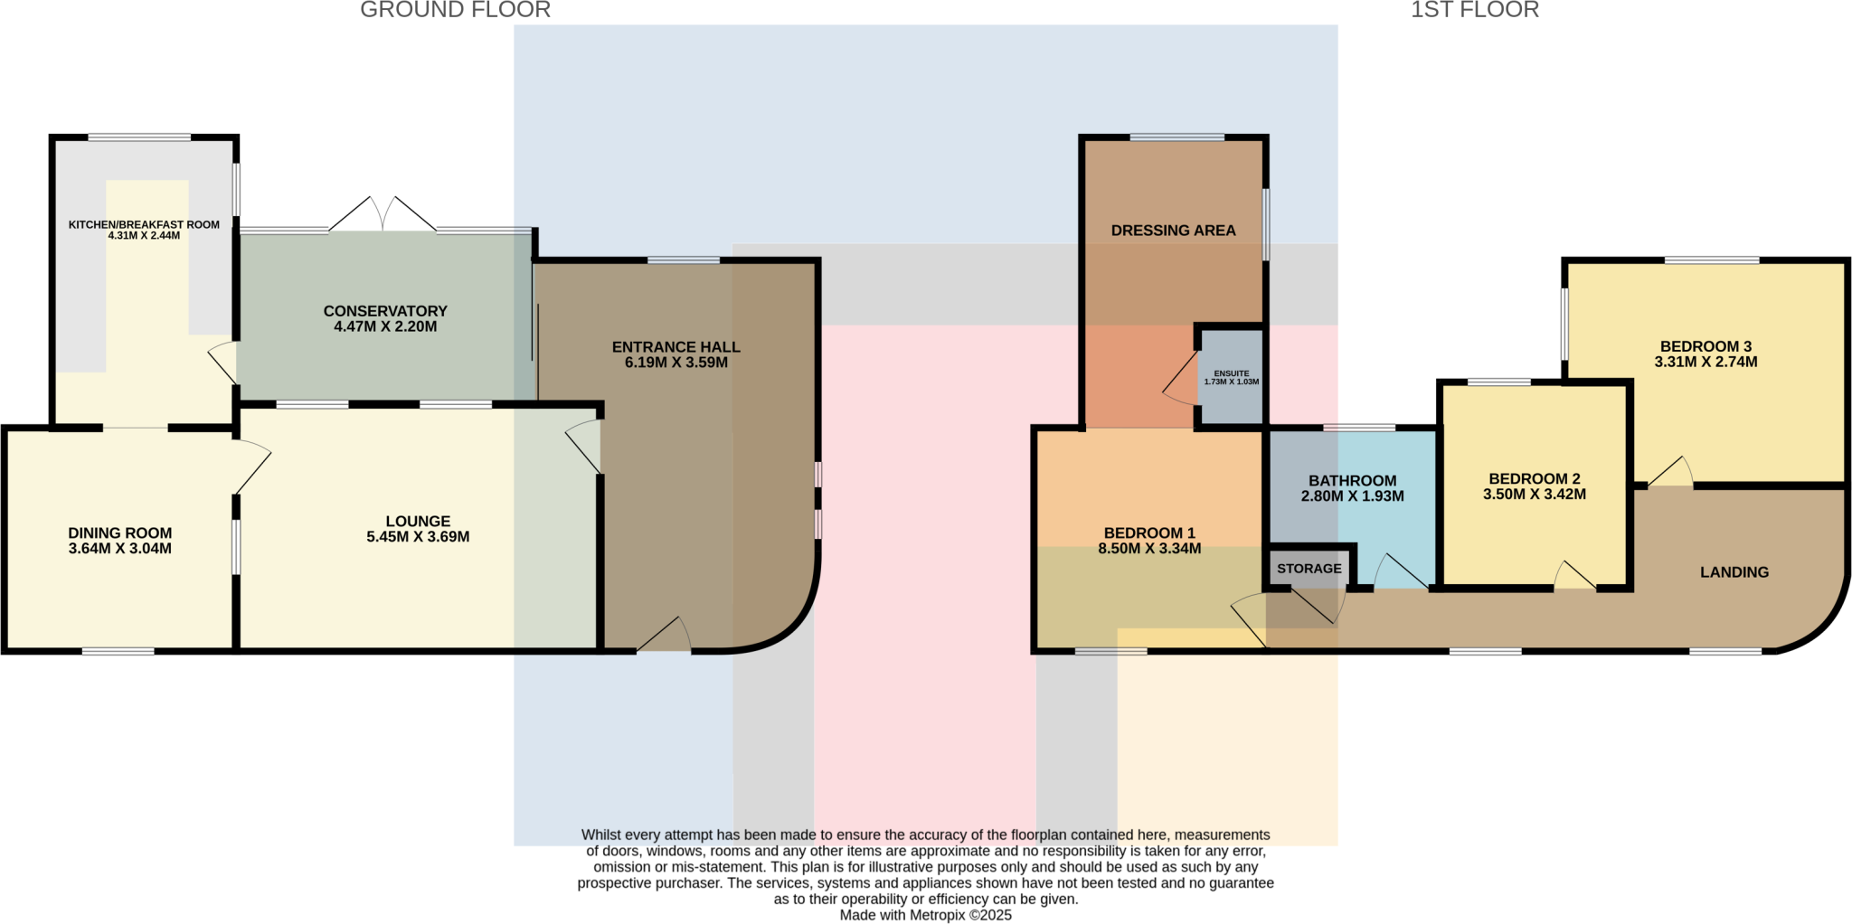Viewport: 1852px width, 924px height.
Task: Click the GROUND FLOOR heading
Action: (455, 10)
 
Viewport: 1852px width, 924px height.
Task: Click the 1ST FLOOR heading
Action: (1474, 10)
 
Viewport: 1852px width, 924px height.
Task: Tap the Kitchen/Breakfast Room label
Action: (144, 224)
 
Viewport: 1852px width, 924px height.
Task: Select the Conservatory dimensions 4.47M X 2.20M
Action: (385, 326)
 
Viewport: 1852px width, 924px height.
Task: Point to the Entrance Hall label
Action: (676, 346)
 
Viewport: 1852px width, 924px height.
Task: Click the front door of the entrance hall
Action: (665, 636)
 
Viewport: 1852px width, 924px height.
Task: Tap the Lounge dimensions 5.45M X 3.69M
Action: (417, 537)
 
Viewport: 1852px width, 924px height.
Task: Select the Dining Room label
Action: (119, 533)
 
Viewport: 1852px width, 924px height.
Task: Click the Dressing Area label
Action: (1173, 231)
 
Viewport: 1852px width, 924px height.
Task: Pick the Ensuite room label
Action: (1231, 373)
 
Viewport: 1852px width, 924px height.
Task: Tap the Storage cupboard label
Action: (1309, 569)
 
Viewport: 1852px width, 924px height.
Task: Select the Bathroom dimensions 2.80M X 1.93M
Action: (1352, 496)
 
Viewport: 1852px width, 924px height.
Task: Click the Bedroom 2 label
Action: (1534, 478)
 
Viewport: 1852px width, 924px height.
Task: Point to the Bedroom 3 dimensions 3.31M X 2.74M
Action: (1706, 362)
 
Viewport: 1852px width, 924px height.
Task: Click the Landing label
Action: (1734, 572)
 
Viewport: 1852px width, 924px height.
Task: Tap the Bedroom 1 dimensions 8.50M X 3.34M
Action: (1148, 549)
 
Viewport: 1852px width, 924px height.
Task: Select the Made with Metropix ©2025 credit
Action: (925, 915)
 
